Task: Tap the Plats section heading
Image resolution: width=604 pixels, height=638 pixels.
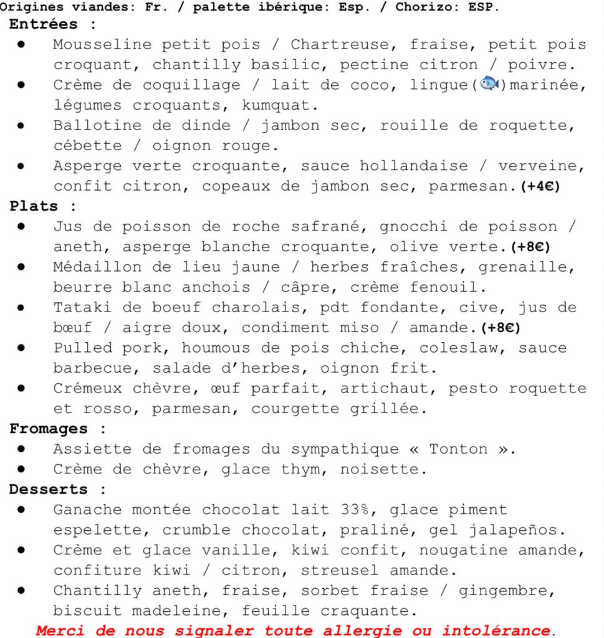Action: pos(34,206)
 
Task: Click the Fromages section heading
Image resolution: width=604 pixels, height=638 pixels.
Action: pos(49,429)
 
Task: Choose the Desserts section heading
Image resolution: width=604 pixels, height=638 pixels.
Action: pos(49,489)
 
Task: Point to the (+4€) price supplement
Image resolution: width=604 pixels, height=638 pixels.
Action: pos(540,186)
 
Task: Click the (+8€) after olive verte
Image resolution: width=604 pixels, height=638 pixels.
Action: pos(530,247)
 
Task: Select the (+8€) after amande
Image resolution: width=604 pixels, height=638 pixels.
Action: pos(501,328)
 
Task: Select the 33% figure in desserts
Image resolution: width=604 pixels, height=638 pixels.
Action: pos(360,510)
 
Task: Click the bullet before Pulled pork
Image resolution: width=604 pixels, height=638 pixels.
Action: pos(21,348)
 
